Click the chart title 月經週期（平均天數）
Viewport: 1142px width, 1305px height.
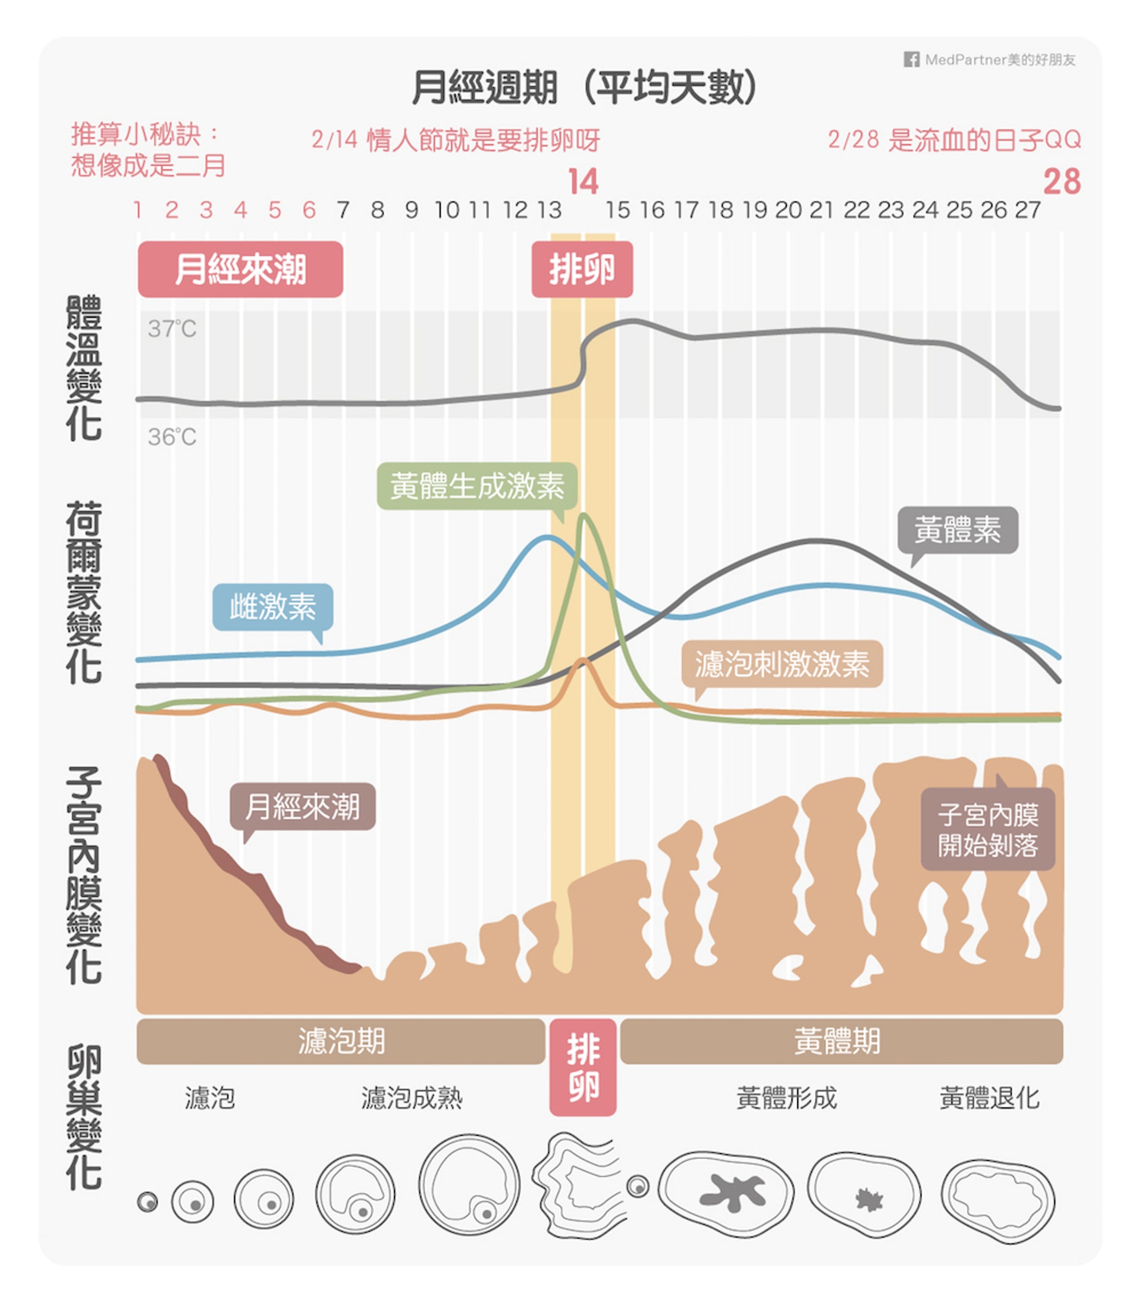tap(583, 87)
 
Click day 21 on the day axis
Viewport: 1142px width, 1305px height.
tap(821, 209)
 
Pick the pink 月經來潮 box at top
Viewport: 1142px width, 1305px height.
tap(240, 269)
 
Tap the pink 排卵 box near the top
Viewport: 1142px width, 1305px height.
tap(582, 269)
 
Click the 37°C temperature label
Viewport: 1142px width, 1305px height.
tap(172, 329)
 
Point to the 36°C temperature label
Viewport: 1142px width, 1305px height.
tap(172, 437)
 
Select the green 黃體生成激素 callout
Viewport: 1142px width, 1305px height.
tap(476, 486)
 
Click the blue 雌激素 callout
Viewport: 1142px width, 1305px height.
tap(273, 606)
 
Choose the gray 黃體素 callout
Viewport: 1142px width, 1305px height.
tap(957, 530)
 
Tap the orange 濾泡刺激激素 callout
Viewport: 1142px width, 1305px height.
tap(782, 664)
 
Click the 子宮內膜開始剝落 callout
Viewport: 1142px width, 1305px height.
tap(988, 830)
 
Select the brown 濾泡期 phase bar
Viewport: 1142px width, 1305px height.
tap(341, 1041)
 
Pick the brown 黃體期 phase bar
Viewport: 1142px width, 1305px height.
tap(841, 1041)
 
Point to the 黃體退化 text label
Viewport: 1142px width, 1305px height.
tap(989, 1098)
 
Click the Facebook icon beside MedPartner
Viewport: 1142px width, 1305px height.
tap(911, 60)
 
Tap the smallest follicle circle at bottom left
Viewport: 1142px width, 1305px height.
tap(148, 1201)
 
